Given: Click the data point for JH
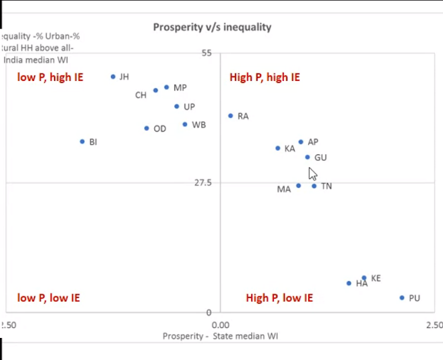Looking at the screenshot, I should point(113,77).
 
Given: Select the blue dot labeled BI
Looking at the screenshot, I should point(82,142).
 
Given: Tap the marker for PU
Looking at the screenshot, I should point(402,298).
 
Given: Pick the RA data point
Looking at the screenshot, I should point(231,116).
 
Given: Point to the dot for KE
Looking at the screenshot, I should point(364,278).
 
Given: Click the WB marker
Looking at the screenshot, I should point(185,124).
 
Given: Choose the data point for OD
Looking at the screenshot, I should point(146,128).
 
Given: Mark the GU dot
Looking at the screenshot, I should point(307,157).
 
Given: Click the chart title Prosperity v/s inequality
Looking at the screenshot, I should point(212,27).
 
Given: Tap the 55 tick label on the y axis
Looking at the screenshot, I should point(206,53).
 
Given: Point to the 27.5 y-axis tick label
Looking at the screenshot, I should point(202,182).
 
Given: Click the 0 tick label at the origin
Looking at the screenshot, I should point(208,312).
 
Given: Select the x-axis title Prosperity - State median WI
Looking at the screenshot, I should point(220,336).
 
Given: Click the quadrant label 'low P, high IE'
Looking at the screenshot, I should point(50,77).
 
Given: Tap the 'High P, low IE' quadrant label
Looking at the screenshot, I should point(279,298).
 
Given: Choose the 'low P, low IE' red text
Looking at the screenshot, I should point(48,298).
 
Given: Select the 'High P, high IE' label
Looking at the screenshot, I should point(265,77).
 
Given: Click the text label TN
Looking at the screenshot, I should point(326,186).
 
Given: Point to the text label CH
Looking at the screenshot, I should point(140,95).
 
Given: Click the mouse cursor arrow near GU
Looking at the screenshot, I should point(312,174).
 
